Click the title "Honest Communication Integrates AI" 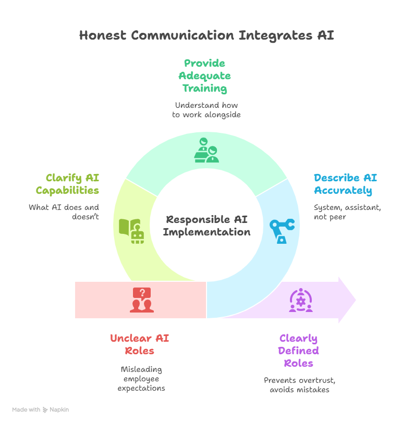207,35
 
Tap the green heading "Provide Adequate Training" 205,76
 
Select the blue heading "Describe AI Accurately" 345,184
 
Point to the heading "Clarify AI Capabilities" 67,184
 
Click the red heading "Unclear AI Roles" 139,344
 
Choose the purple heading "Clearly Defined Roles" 298,351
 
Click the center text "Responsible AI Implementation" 207,226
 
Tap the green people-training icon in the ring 206,150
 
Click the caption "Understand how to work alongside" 207,110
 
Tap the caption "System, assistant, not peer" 347,213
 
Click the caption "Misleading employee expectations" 141,379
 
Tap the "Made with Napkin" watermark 41,410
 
